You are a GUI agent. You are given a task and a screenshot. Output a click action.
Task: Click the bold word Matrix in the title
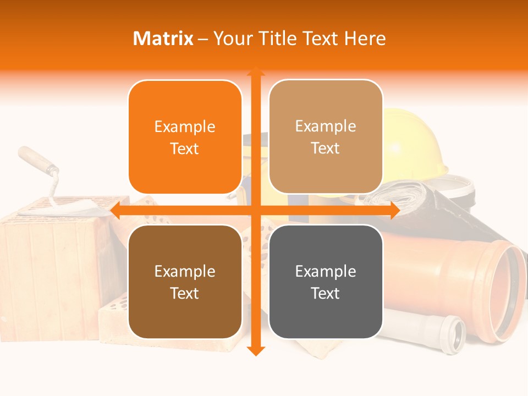[163, 38]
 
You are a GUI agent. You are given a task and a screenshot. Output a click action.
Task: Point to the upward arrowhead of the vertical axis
[256, 71]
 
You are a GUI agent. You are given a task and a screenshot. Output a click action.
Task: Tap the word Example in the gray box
[326, 271]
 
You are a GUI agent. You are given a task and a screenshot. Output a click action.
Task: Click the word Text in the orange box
[185, 149]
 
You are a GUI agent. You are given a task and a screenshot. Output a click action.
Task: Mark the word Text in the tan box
[326, 148]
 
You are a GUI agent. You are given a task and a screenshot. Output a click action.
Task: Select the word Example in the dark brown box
[185, 271]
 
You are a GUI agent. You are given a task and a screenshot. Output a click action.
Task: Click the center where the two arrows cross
[256, 210]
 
